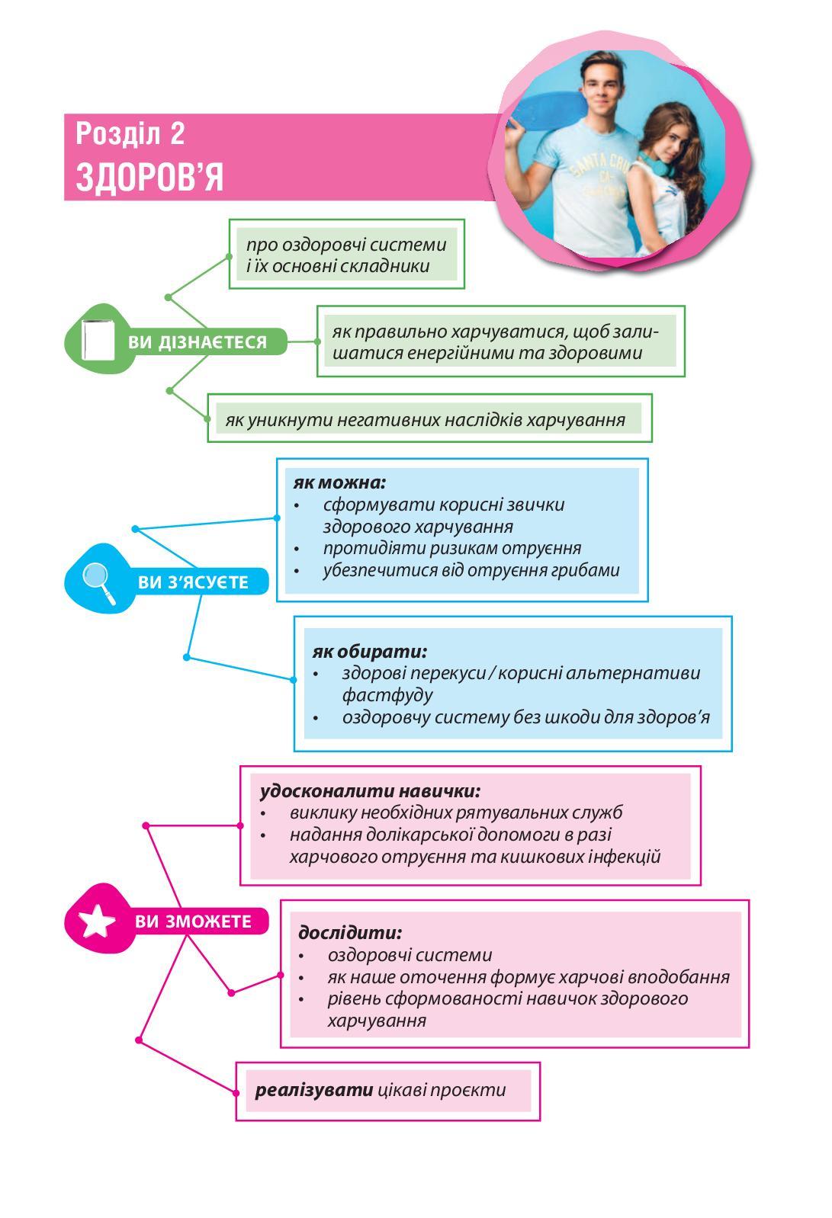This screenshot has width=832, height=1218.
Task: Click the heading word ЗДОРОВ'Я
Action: [149, 178]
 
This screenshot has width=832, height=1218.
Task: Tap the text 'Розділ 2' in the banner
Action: [130, 134]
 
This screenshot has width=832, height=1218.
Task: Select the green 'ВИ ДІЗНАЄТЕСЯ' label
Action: [198, 342]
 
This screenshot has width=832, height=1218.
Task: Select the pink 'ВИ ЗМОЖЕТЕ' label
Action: [193, 922]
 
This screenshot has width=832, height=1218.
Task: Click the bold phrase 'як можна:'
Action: [339, 482]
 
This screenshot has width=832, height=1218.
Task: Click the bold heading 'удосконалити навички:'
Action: [370, 790]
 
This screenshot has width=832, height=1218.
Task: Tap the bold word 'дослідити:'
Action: [350, 932]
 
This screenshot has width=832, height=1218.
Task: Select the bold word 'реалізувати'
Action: [314, 1090]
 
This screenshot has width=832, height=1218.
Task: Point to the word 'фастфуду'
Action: [387, 695]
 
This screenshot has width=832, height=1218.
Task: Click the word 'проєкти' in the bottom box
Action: [467, 1090]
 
